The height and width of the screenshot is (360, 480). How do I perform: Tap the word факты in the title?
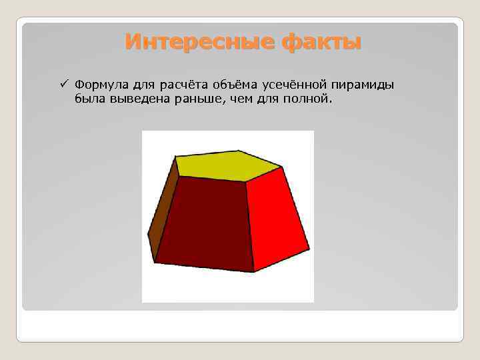point(321,43)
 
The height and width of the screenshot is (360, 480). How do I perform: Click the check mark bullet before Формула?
point(63,85)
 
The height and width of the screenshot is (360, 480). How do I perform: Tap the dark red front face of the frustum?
point(206,223)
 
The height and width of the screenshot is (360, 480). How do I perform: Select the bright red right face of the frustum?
point(276,217)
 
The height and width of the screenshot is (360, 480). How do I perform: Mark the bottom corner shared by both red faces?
point(254,271)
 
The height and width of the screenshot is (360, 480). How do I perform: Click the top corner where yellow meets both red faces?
point(246,181)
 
